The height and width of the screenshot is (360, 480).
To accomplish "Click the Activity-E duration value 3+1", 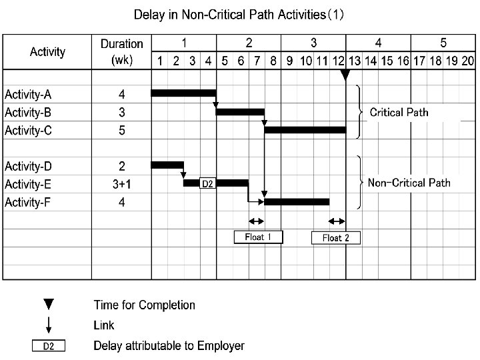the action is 122,184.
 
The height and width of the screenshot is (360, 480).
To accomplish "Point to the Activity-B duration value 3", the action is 122,112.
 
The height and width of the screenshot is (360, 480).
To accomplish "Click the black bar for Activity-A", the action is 184,93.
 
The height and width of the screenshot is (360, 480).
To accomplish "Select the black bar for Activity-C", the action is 305,129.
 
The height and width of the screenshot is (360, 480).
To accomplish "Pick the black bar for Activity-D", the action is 167,164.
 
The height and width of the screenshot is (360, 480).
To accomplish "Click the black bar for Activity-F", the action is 297,201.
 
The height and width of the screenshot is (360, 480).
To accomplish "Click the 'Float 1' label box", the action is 258,237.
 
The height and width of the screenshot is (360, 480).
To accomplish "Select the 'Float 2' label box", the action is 335,237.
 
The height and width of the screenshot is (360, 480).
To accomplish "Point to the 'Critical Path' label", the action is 399,112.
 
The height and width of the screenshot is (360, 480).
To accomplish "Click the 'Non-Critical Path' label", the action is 409,183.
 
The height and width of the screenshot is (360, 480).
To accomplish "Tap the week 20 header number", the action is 467,61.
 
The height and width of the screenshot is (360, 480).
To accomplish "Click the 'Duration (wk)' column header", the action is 122,51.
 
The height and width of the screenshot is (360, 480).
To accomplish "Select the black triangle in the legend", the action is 49,305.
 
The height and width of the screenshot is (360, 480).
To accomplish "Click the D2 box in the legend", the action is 49,346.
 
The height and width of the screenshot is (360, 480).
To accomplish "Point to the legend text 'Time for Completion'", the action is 144,305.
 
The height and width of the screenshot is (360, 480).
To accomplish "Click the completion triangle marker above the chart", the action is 345,75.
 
